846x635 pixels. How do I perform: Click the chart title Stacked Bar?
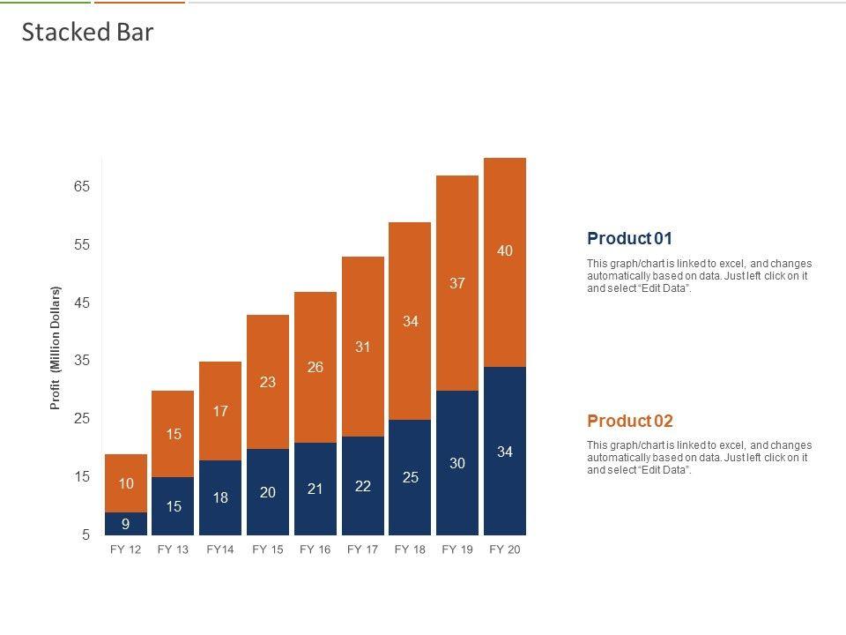[87, 33]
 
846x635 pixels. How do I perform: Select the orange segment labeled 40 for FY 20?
[505, 262]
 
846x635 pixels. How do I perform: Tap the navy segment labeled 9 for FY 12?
[126, 524]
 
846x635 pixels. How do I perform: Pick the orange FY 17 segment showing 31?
[363, 347]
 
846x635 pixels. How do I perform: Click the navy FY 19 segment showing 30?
[457, 463]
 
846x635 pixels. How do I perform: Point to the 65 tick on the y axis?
[82, 187]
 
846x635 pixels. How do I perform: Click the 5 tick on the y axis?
[85, 534]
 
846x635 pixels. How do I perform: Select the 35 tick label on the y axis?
[82, 361]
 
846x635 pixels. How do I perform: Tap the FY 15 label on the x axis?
[268, 549]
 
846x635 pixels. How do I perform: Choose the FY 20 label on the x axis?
[504, 549]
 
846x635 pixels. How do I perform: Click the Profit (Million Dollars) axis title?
[56, 347]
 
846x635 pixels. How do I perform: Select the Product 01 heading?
[629, 238]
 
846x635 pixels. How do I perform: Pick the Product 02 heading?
[629, 421]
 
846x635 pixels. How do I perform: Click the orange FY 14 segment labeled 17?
[220, 411]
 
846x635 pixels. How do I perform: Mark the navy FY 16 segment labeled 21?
[315, 489]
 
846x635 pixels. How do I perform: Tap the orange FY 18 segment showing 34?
[410, 321]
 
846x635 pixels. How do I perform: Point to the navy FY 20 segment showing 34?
[505, 452]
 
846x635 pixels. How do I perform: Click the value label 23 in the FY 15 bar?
[268, 382]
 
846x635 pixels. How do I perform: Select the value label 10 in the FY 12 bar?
[126, 483]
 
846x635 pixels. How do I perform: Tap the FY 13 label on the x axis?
[173, 549]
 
